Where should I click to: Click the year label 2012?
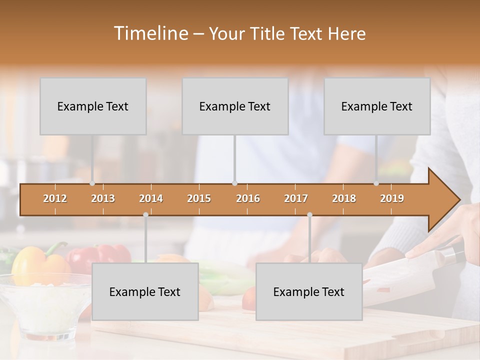(x=55, y=198)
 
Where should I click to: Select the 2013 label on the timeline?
(x=103, y=198)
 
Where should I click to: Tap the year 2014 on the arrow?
(x=151, y=198)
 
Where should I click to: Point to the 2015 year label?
(x=199, y=198)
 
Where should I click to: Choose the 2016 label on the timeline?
(x=248, y=198)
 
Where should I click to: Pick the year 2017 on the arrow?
(x=296, y=198)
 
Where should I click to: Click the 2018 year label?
(x=344, y=198)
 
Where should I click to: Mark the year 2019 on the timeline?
(x=392, y=198)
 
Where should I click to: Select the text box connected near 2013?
(x=93, y=106)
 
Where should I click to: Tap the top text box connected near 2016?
(x=235, y=106)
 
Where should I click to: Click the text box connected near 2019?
(x=377, y=106)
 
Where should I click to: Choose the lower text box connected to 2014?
(x=145, y=292)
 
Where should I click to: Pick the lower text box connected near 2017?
(x=309, y=292)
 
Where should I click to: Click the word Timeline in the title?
(x=150, y=33)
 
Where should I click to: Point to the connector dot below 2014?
(x=145, y=214)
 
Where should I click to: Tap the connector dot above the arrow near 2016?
(x=234, y=183)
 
